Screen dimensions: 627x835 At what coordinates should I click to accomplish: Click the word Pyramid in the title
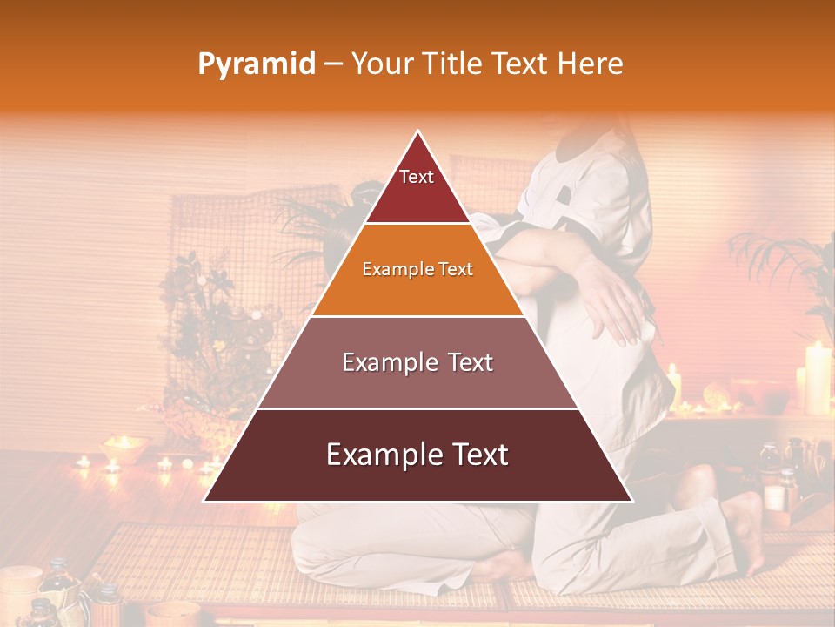(x=257, y=64)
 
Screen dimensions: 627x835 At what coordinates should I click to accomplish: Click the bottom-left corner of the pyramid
(x=205, y=501)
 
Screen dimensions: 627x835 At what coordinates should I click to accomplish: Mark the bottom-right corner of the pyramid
(x=631, y=501)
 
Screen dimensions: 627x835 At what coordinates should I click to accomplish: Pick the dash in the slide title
(x=333, y=64)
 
